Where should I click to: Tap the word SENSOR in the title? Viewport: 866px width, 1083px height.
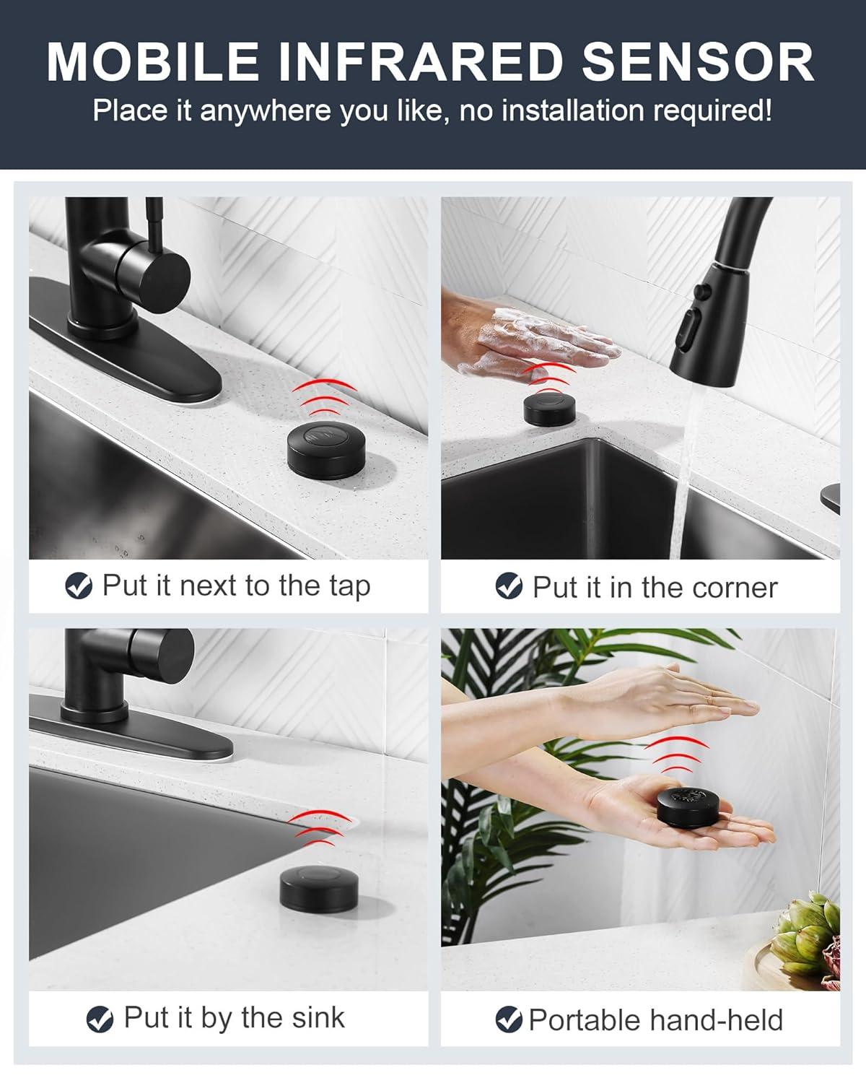[x=698, y=63]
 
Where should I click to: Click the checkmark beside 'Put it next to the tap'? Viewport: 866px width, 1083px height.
[x=78, y=586]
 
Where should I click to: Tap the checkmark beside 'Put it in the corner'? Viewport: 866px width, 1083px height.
[x=509, y=586]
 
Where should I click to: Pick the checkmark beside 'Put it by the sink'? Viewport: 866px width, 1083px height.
[x=100, y=1019]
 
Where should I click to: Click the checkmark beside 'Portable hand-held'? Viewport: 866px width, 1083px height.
[x=509, y=1019]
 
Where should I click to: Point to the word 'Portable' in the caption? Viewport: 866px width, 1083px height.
[x=584, y=1020]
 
